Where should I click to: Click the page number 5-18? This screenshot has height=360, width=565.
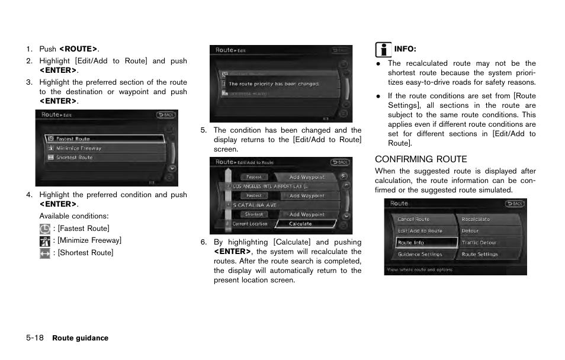coord(34,338)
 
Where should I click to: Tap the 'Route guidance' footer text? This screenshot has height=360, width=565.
coord(80,338)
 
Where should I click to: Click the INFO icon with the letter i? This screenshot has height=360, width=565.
coord(384,50)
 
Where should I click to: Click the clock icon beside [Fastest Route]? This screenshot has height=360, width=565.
coord(45,229)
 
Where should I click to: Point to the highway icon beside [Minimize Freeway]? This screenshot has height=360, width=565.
coord(45,241)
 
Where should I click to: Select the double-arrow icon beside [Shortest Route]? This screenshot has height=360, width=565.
coord(45,253)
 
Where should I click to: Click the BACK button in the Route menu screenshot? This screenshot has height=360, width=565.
coord(514,204)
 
